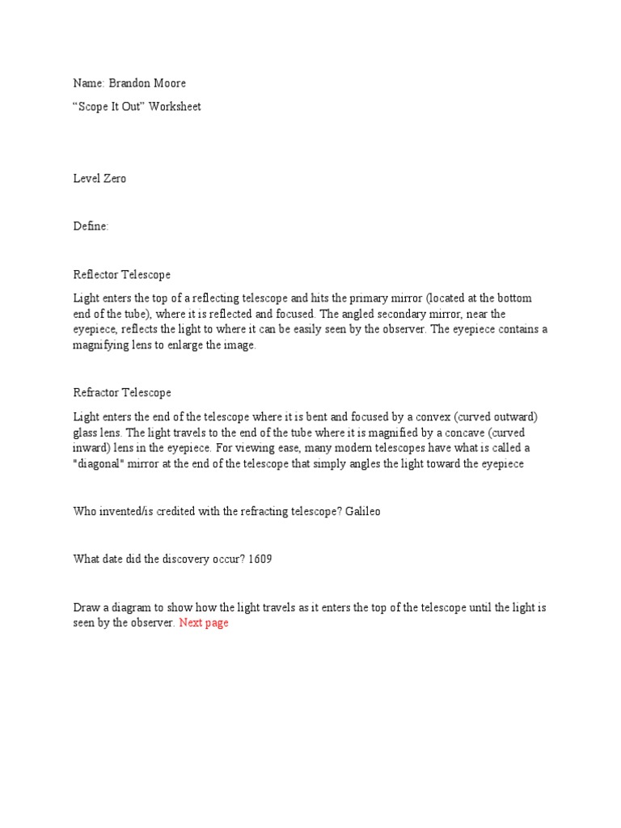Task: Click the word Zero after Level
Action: tap(114, 179)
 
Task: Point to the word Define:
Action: tap(91, 226)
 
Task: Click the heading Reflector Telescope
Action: tap(122, 275)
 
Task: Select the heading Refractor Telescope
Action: tap(122, 393)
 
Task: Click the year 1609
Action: tap(260, 560)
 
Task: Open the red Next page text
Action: tap(204, 623)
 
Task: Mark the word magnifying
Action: tap(103, 345)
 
